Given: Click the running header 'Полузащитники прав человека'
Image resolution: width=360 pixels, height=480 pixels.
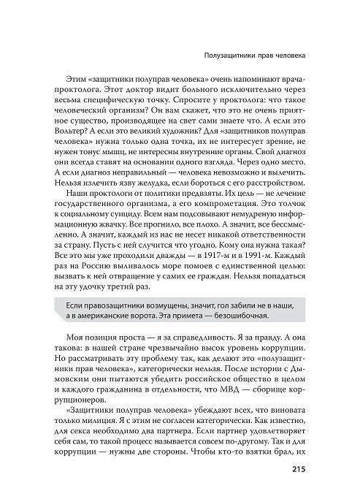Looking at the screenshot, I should [253, 56].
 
